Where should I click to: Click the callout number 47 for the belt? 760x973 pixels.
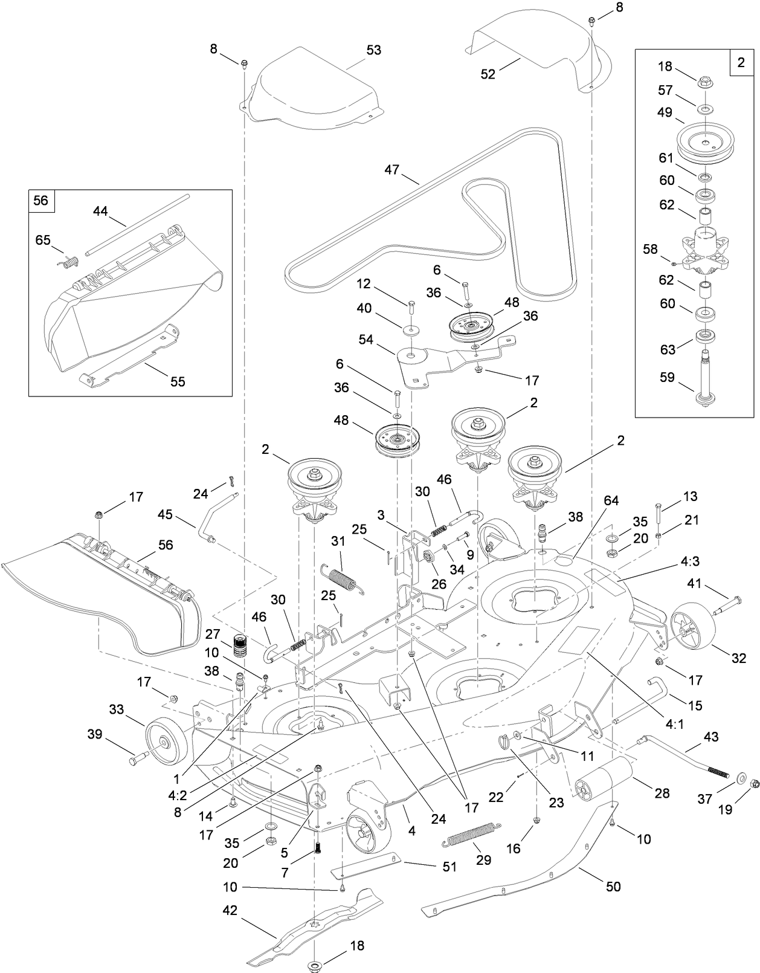click(391, 170)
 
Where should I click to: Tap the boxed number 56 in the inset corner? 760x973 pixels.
click(41, 200)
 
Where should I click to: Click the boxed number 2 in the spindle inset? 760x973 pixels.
click(741, 62)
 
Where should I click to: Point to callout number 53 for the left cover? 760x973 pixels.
click(374, 50)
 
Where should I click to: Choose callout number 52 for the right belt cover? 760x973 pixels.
click(488, 74)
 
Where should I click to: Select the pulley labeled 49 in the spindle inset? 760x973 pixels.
click(701, 141)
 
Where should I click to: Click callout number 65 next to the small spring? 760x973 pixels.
click(43, 240)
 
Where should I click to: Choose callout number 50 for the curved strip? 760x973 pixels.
click(613, 887)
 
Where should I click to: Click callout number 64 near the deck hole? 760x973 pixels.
click(611, 500)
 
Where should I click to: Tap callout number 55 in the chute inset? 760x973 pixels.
click(178, 381)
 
